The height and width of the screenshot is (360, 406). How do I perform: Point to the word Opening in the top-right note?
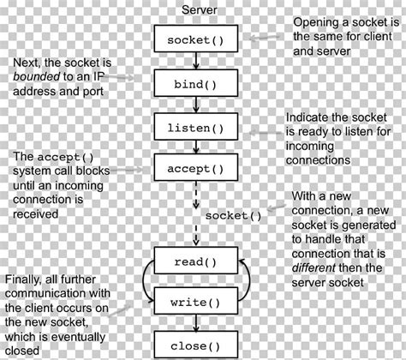[x=316, y=21]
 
